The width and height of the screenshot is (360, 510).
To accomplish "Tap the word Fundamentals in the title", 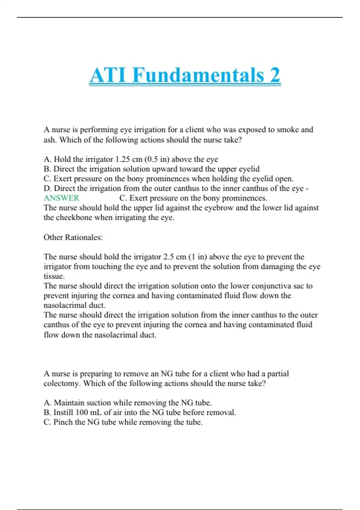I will click(x=198, y=75).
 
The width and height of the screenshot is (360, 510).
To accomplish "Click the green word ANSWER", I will click(x=61, y=198).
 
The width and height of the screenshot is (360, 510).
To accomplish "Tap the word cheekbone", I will click(x=68, y=217).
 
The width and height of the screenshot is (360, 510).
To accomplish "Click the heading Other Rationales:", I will click(x=73, y=237).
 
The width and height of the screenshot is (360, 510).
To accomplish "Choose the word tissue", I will click(x=54, y=276).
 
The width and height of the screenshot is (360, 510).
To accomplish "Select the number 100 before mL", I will click(x=82, y=412).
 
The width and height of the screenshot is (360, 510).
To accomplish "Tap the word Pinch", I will click(x=63, y=422).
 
